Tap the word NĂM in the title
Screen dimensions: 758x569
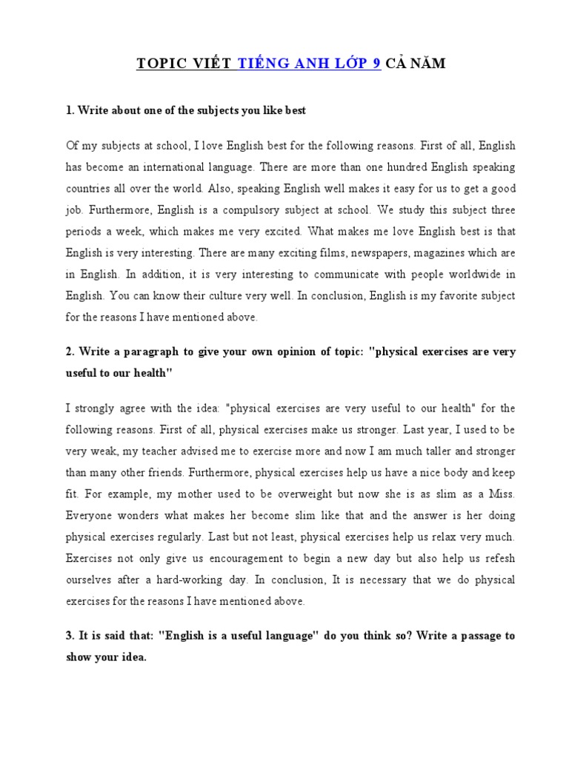click(430, 64)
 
